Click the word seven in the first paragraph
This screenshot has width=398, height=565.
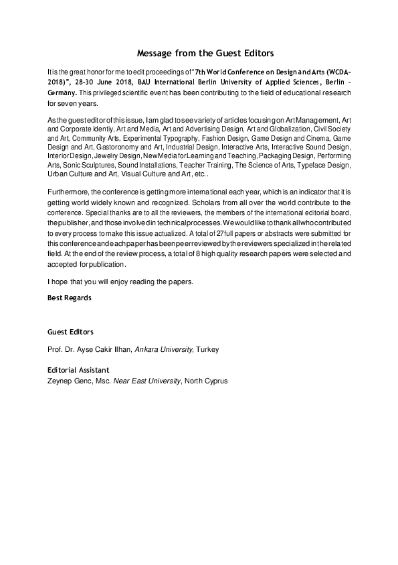64,104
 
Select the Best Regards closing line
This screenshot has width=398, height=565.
70,297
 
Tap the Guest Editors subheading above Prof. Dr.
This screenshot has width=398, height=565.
70,332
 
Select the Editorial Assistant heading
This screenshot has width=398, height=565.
78,370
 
